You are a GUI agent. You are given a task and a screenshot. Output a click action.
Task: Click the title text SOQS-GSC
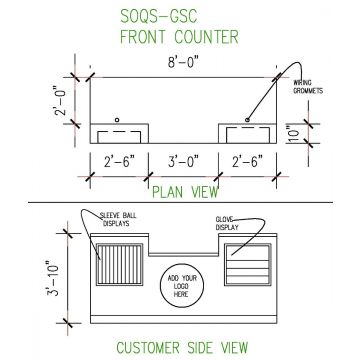pyautogui.click(x=180, y=16)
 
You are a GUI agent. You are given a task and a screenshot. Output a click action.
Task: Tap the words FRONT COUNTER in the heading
pyautogui.click(x=180, y=38)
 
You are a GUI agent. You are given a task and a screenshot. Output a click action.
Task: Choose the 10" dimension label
pyautogui.click(x=291, y=132)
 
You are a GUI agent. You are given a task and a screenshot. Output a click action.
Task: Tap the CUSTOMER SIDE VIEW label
pyautogui.click(x=180, y=348)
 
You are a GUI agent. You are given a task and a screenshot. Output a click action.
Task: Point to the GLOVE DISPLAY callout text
pyautogui.click(x=229, y=222)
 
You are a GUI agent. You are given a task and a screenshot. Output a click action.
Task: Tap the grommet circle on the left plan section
pyautogui.click(x=118, y=120)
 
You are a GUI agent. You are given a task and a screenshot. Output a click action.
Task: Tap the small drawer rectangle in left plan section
pyautogui.click(x=118, y=133)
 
